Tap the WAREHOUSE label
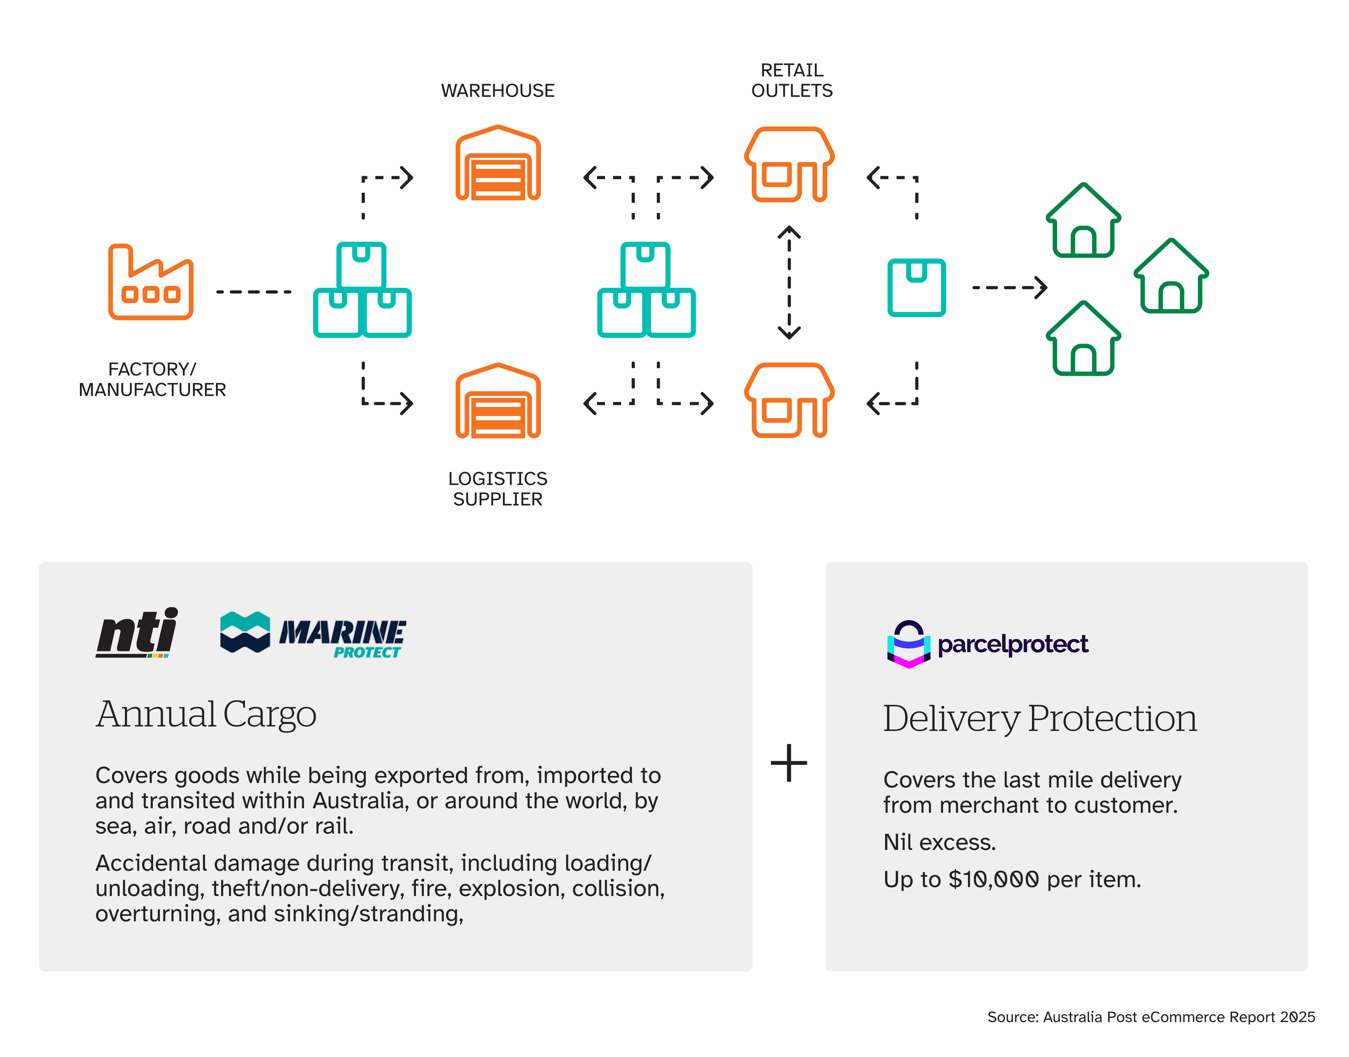coord(497,91)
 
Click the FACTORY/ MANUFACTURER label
coord(152,379)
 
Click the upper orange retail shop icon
coord(788,165)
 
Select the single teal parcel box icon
coord(916,288)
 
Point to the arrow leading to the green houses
coord(1008,288)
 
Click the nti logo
coord(137,632)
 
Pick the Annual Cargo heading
coord(206,715)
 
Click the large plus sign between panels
coord(788,763)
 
